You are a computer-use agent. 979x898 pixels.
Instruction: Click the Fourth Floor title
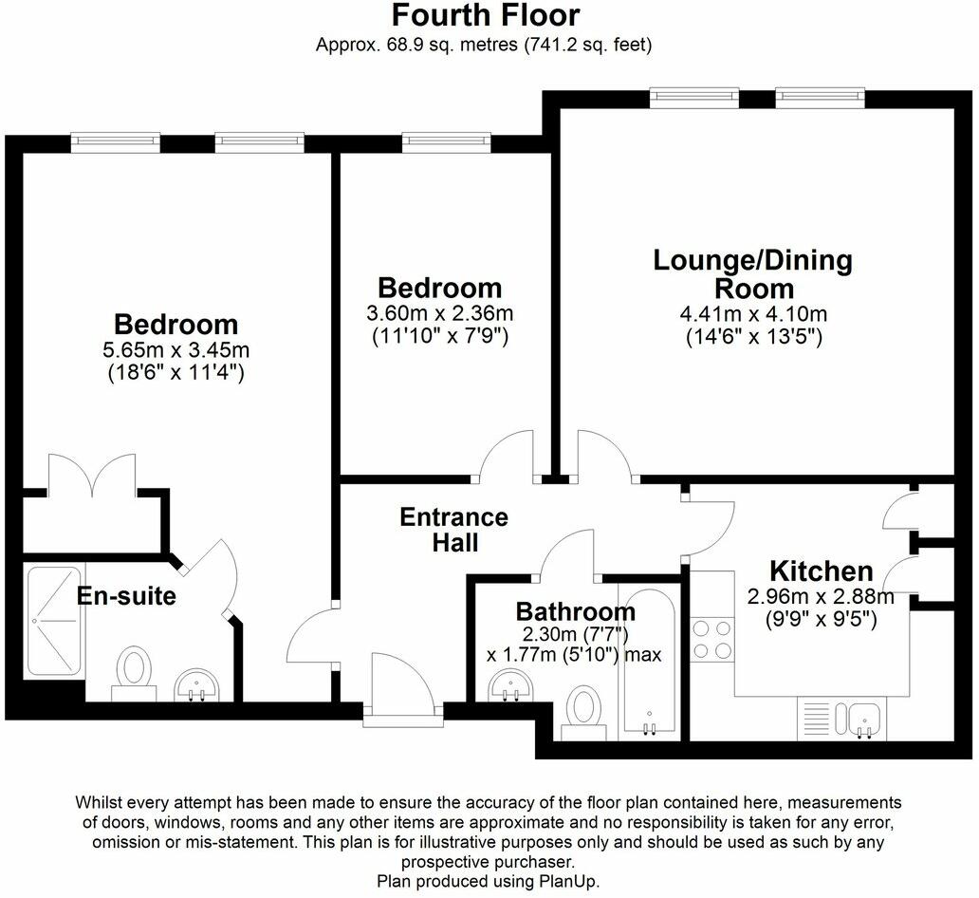coord(485,16)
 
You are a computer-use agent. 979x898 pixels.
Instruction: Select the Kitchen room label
coord(821,571)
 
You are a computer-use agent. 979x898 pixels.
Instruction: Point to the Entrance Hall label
coord(454,530)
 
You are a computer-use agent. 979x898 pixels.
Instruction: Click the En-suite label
coord(126,596)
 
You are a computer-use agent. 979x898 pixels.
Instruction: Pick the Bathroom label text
coord(575,612)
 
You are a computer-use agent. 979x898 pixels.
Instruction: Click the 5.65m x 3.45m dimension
coord(175,349)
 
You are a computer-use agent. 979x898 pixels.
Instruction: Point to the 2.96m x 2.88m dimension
coord(821,597)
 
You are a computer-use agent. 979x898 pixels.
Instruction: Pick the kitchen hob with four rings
coord(711,639)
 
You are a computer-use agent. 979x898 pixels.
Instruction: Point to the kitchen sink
coord(864,720)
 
